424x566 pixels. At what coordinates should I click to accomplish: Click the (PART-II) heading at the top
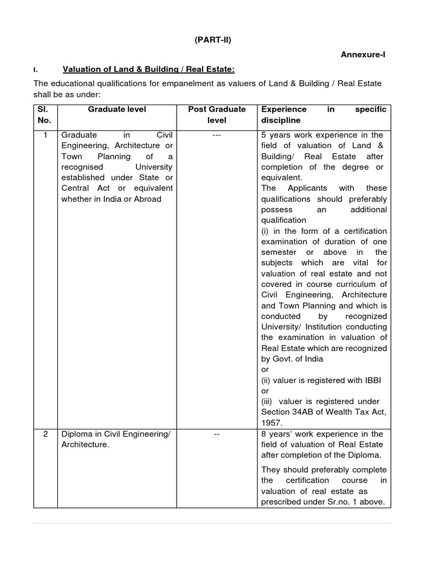(212, 40)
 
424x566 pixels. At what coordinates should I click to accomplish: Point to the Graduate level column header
(117, 109)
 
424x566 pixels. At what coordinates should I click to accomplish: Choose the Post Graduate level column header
(217, 114)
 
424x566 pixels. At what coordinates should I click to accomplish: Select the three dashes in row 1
(217, 135)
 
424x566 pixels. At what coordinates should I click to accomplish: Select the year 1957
(271, 423)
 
